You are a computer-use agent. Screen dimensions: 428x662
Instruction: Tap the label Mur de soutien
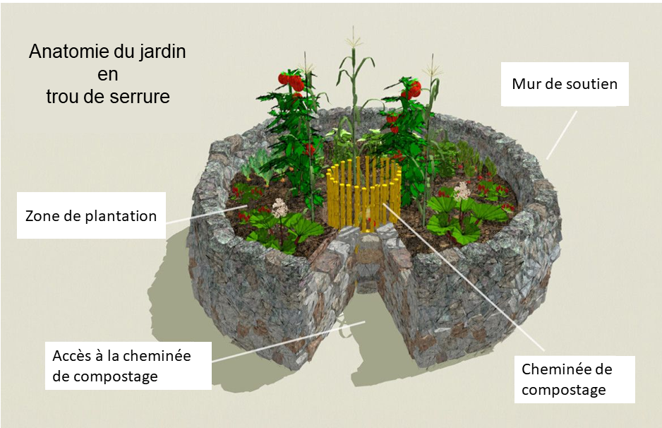(x=565, y=84)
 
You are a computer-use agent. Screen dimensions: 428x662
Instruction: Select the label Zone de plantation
(x=90, y=215)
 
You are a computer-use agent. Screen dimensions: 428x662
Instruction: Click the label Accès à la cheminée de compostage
(x=121, y=365)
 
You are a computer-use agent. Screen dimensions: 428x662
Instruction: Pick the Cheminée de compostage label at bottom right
(x=567, y=379)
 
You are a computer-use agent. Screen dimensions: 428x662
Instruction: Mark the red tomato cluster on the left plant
(x=291, y=81)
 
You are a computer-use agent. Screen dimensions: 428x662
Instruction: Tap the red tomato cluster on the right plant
(x=411, y=88)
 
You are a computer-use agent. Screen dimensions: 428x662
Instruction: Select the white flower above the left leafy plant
(x=280, y=208)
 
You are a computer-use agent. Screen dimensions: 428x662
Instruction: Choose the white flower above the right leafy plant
(x=463, y=190)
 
